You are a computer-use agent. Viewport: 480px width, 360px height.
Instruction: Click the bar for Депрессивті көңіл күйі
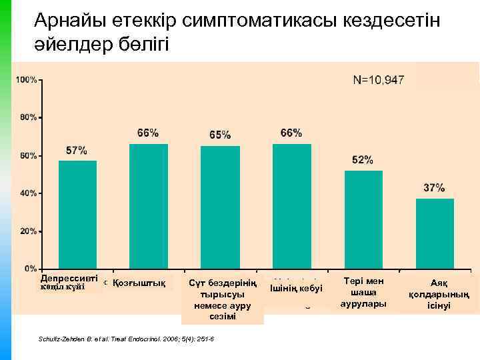point(77,214)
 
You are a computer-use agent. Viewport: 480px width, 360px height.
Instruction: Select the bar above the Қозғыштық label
point(149,206)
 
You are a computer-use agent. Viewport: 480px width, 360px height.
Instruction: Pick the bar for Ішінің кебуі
point(291,206)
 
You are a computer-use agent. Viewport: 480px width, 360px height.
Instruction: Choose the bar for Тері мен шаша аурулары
point(363,219)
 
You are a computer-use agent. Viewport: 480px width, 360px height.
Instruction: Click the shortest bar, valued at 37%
point(435,233)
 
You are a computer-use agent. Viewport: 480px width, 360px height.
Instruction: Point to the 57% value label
point(76,150)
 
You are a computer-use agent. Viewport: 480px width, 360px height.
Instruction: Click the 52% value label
point(363,160)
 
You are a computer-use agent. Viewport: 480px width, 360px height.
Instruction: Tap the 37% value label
point(435,187)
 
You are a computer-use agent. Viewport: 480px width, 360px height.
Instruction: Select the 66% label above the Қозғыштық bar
point(148,133)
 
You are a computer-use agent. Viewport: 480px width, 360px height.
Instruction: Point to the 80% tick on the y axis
point(29,117)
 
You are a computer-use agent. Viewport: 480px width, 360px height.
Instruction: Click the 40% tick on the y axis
point(29,193)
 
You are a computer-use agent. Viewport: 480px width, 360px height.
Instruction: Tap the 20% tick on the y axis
point(29,231)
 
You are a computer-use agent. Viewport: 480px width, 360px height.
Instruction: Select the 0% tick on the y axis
point(31,269)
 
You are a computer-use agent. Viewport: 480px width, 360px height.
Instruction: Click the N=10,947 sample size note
point(378,80)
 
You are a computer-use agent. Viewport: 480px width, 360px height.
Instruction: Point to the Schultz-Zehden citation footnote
point(127,339)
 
